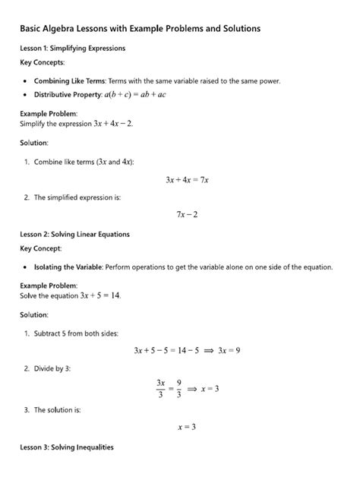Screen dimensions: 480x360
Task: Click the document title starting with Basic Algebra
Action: pyautogui.click(x=141, y=28)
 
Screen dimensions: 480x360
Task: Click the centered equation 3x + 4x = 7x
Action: pyautogui.click(x=186, y=180)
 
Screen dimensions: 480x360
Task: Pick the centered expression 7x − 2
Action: pyautogui.click(x=186, y=215)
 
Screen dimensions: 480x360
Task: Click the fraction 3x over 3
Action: pyautogui.click(x=160, y=388)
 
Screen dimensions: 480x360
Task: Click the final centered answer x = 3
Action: pyautogui.click(x=186, y=427)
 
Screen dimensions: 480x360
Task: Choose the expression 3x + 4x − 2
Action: pyautogui.click(x=108, y=123)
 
